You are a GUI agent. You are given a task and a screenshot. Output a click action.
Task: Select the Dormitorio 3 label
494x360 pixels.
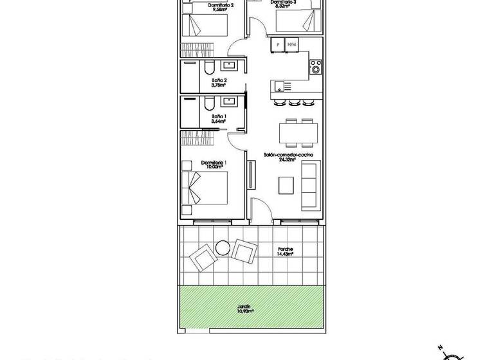[284, 3]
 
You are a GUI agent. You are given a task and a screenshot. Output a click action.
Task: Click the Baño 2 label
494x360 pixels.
[219, 80]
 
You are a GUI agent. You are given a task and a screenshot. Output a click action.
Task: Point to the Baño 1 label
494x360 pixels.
[219, 116]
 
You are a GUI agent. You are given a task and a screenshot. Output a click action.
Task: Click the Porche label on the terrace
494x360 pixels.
[286, 249]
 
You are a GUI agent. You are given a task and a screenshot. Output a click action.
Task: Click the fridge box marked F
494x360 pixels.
[277, 44]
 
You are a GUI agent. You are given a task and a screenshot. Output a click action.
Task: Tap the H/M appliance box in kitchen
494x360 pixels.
[291, 44]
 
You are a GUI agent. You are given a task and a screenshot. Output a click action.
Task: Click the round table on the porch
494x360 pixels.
[223, 246]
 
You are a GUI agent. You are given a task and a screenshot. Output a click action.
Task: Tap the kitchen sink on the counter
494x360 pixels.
[279, 85]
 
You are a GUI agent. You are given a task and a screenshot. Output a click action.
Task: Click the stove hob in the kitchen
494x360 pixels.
[315, 66]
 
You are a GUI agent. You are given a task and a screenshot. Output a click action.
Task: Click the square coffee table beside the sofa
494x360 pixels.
[286, 185]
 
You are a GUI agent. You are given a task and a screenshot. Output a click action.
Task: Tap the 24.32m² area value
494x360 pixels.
[287, 161]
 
